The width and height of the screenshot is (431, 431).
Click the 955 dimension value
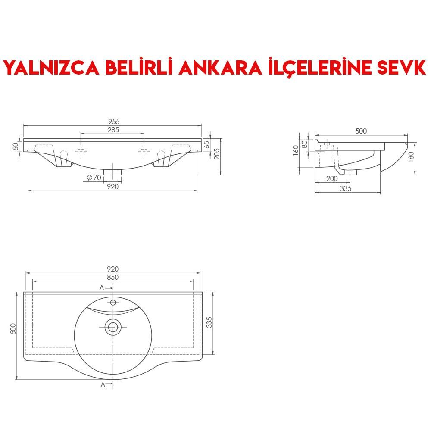114,122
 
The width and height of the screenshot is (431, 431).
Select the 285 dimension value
113,129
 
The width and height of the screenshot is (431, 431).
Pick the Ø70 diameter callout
94,178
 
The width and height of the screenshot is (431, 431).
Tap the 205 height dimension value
217,153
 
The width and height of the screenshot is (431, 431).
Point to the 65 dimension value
206,144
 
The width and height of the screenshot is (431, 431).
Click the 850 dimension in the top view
112,277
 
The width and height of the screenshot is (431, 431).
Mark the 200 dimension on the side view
331,178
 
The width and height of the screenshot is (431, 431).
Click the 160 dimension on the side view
296,151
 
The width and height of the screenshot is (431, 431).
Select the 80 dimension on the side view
305,144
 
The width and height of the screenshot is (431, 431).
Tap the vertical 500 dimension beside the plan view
13,329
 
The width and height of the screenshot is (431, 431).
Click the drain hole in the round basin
113,328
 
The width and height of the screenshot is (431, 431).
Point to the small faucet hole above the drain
113,303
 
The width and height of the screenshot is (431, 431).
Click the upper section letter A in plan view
102,287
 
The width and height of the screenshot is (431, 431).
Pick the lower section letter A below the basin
103,384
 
